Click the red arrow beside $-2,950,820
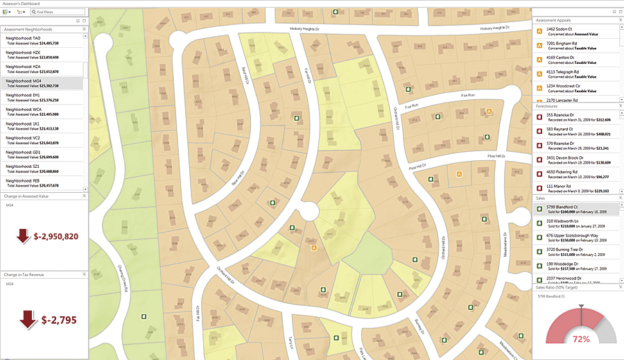point(24,236)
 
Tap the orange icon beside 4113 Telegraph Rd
point(540,74)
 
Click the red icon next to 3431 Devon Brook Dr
point(540,160)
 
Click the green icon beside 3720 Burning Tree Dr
point(540,250)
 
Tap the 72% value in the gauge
point(580,339)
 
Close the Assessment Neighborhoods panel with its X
point(84,29)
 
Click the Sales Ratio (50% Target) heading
point(558,286)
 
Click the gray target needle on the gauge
point(580,309)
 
